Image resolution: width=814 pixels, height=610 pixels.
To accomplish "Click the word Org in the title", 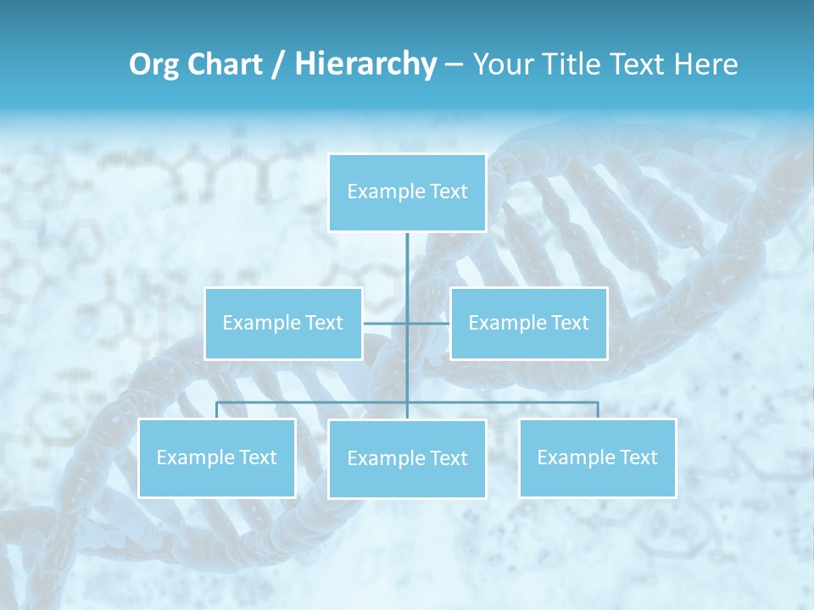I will (x=149, y=64).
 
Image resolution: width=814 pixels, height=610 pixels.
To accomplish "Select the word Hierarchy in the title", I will (x=365, y=64).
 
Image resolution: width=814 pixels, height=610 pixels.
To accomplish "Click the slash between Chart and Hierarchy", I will (x=278, y=64).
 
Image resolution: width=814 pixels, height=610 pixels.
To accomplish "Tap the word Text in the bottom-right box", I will (x=638, y=457).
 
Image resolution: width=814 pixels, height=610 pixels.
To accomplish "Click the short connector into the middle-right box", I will (x=429, y=323).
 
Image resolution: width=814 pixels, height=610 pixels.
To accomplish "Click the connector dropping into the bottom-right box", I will (x=598, y=410).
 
